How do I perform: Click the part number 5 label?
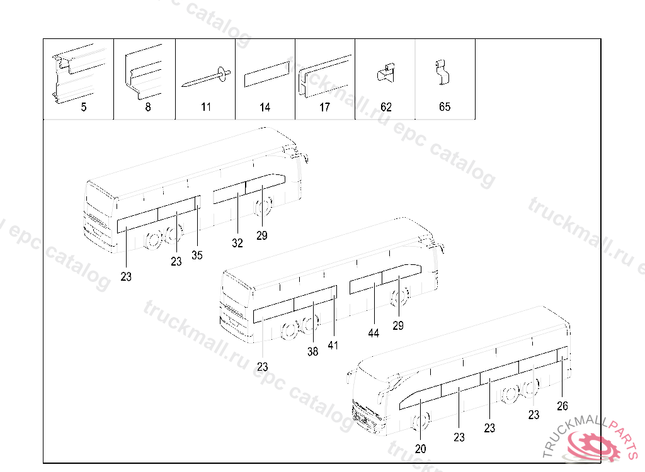point(84,107)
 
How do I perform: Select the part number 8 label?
point(148,107)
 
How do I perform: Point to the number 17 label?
point(324,107)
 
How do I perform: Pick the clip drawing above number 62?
point(385,73)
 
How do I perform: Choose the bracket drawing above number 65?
point(443,73)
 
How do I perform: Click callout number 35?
point(197,256)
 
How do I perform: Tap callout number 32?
point(237,244)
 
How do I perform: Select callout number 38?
point(313,352)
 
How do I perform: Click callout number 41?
point(333,346)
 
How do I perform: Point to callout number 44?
point(374,334)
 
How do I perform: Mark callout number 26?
point(562,406)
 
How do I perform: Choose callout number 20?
point(421,449)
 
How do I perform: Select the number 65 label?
point(445,107)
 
